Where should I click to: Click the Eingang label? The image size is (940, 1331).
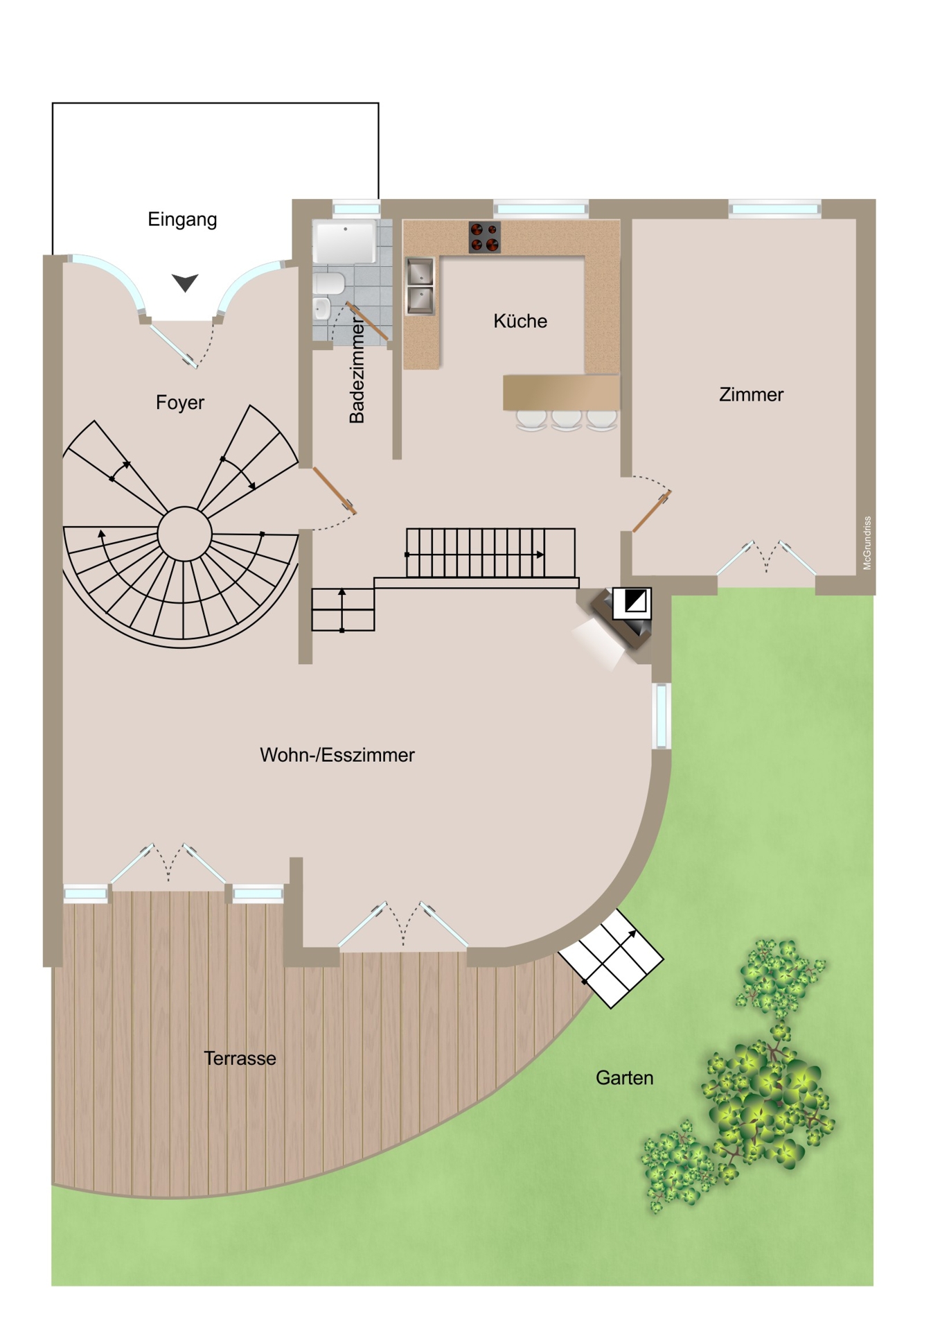pos(182,220)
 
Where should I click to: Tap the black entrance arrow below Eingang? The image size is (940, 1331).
pos(185,282)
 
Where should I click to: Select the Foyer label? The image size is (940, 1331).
pos(180,403)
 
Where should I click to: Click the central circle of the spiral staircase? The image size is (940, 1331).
pos(184,534)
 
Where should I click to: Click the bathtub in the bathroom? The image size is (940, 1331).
pos(344,242)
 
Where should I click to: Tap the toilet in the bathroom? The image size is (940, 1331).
pos(328,283)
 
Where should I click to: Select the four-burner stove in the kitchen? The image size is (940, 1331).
pos(485,236)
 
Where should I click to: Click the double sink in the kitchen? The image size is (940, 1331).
pos(420,286)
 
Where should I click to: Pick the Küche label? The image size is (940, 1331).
pos(520,321)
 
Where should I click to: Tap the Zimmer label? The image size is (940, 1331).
pos(751,394)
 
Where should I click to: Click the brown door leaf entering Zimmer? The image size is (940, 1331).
pos(652,512)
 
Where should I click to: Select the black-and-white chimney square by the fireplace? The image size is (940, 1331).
pos(632,604)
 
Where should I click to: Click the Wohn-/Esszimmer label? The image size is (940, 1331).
pos(337,755)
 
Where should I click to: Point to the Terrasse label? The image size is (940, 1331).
pos(240,1059)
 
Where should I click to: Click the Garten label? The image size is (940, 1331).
pos(624,1078)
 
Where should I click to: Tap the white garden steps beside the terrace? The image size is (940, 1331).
pos(611,959)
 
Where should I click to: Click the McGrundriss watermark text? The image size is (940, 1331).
pos(867,543)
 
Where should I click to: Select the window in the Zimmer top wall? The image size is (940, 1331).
pos(774,209)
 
